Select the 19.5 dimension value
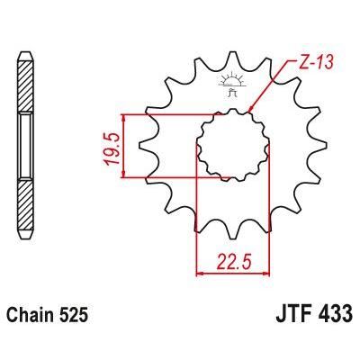(110, 145)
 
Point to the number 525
(75, 317)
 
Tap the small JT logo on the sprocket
(230, 86)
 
